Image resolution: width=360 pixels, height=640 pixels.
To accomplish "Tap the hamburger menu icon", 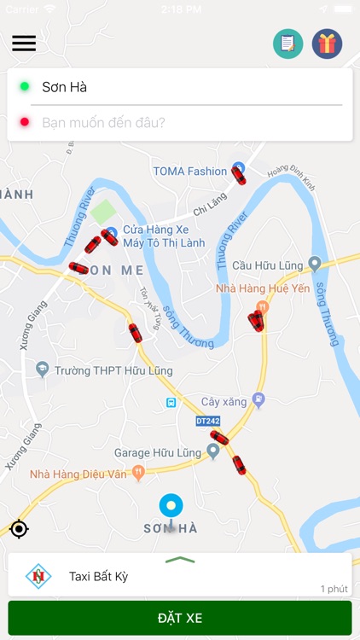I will (x=24, y=43).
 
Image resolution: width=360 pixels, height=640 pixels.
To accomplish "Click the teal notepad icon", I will (x=287, y=44).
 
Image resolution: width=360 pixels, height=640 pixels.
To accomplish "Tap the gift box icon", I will (x=327, y=44).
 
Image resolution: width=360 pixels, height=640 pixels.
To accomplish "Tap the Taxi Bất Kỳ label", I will (x=98, y=577).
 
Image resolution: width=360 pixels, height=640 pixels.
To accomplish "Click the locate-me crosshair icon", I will (x=19, y=529).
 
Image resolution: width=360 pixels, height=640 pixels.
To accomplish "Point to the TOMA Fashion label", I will (x=190, y=171).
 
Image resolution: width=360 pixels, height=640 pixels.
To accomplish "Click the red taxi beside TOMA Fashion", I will (x=239, y=176).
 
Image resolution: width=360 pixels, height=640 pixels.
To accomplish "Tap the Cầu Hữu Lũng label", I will (x=267, y=265).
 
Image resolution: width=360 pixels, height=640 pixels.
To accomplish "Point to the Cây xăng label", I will (x=223, y=400).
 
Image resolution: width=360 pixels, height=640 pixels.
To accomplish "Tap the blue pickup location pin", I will (x=171, y=505).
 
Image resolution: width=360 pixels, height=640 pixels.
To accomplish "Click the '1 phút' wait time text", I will (x=334, y=589).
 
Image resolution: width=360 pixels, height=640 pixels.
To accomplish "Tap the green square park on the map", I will (x=103, y=212).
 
